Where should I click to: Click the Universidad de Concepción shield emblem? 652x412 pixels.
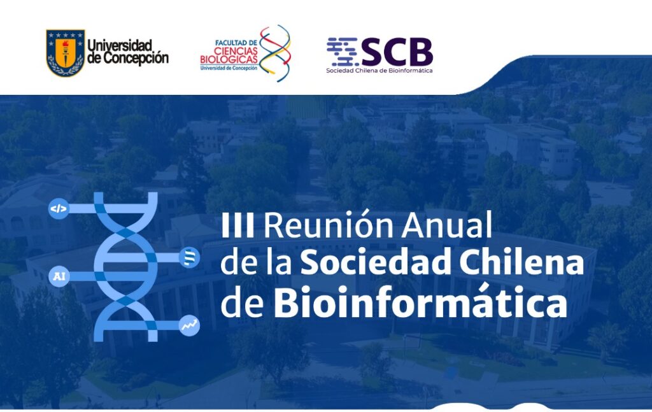click(66, 53)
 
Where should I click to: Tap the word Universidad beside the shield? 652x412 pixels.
click(120, 45)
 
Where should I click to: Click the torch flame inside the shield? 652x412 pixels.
click(66, 44)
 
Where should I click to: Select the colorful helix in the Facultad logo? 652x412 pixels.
click(275, 53)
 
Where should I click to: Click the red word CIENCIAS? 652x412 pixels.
click(236, 51)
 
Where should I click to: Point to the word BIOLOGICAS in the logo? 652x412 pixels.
click(229, 59)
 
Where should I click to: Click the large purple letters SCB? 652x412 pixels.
click(397, 52)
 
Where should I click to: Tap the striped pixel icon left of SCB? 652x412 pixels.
click(342, 52)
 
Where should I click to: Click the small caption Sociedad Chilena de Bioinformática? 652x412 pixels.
click(379, 71)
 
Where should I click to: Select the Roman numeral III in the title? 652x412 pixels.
click(237, 225)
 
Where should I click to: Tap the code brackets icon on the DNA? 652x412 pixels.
click(59, 209)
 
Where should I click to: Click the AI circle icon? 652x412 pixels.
click(59, 276)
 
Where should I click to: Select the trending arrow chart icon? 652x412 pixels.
click(189, 325)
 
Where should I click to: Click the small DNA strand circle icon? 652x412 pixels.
click(189, 258)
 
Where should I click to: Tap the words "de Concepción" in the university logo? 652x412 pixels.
click(128, 58)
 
